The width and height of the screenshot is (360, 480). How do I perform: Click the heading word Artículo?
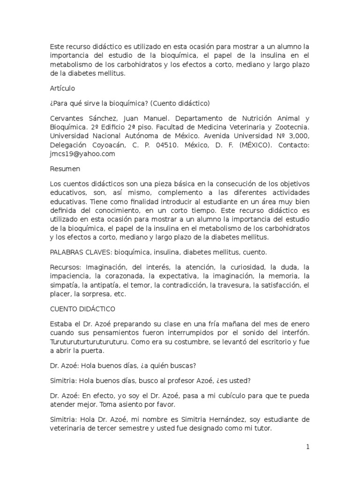62,88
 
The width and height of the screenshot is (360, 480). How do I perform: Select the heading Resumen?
65,168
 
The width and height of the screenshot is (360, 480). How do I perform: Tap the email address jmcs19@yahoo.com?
82,153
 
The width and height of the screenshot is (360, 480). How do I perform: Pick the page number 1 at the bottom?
308,447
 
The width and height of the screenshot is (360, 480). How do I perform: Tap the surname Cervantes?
68,118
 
